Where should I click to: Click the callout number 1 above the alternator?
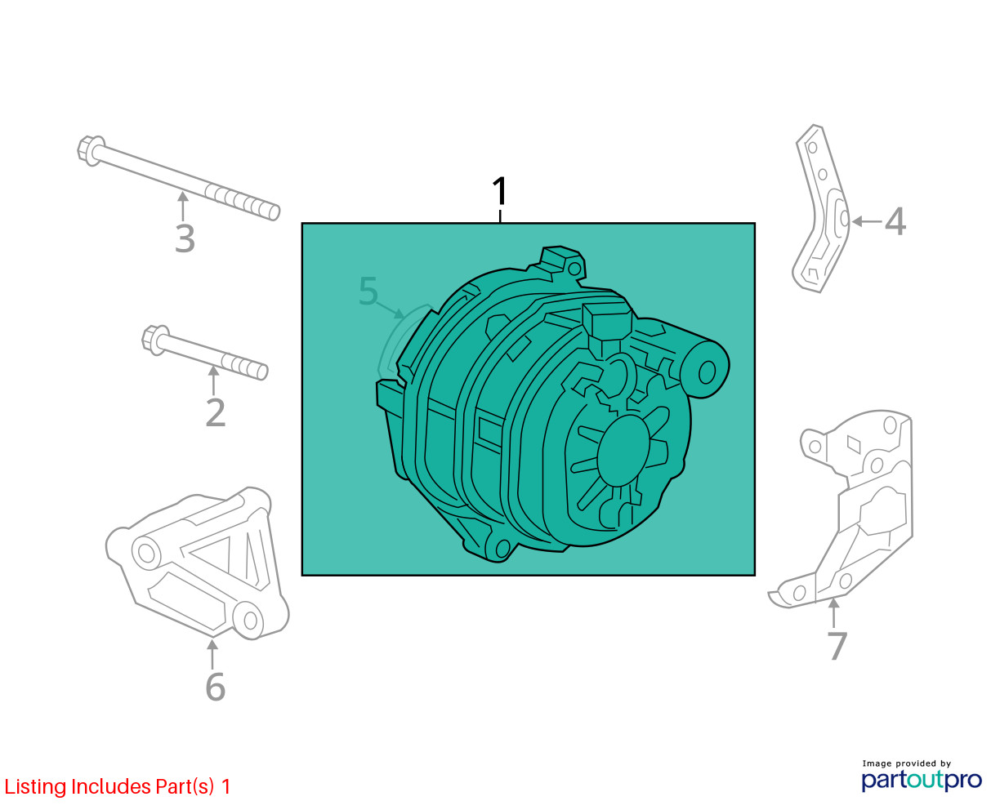[500, 191]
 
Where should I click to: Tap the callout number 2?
[216, 413]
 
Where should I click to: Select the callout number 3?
[185, 239]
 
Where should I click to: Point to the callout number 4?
[895, 221]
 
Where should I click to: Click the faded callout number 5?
[368, 291]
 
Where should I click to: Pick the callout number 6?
[216, 688]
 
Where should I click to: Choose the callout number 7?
[837, 646]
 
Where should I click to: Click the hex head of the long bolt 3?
[90, 150]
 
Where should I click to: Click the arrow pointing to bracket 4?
[867, 221]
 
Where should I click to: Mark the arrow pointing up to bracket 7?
[834, 613]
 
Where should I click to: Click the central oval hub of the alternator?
[624, 451]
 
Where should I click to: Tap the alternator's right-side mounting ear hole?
[707, 373]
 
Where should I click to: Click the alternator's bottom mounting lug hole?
[502, 549]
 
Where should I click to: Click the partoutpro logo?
[922, 781]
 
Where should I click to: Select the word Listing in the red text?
[36, 787]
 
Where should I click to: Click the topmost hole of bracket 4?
[813, 147]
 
